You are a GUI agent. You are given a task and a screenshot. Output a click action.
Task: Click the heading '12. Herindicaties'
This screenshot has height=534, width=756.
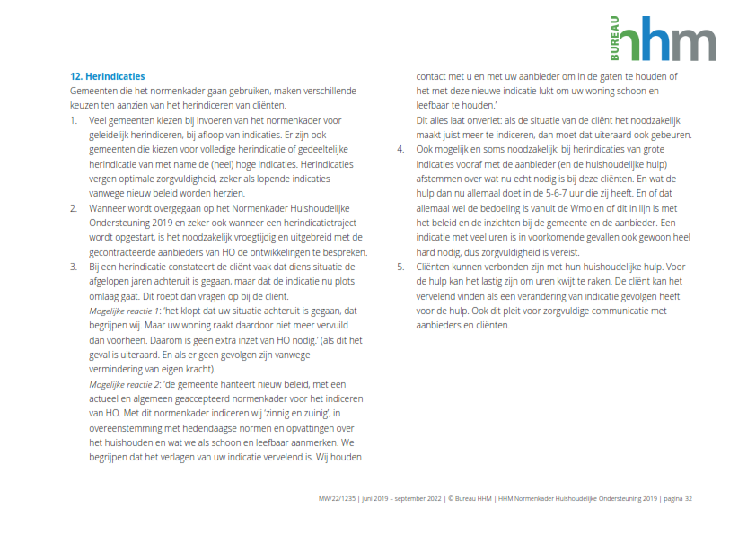[x=107, y=76]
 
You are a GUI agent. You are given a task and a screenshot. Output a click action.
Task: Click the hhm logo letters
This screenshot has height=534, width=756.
[x=669, y=41]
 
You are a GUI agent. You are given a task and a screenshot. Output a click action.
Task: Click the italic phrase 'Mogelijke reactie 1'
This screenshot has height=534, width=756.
[x=126, y=311]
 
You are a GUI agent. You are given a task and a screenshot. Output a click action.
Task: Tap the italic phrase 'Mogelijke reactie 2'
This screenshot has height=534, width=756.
[x=126, y=384]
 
